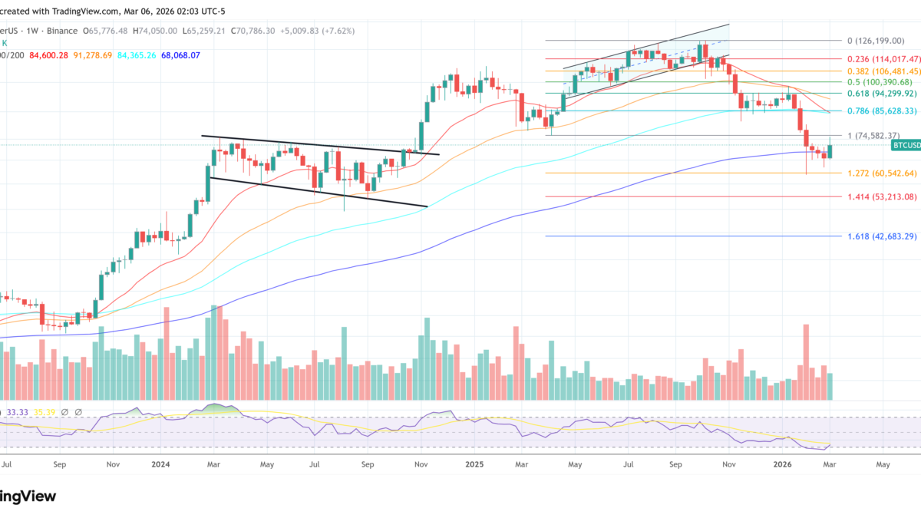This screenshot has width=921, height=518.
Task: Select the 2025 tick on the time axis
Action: pyautogui.click(x=474, y=464)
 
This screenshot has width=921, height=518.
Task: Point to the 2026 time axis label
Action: pyautogui.click(x=782, y=464)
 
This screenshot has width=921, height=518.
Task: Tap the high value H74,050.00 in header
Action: pyautogui.click(x=154, y=31)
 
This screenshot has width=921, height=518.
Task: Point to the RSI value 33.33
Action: pyautogui.click(x=18, y=412)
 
